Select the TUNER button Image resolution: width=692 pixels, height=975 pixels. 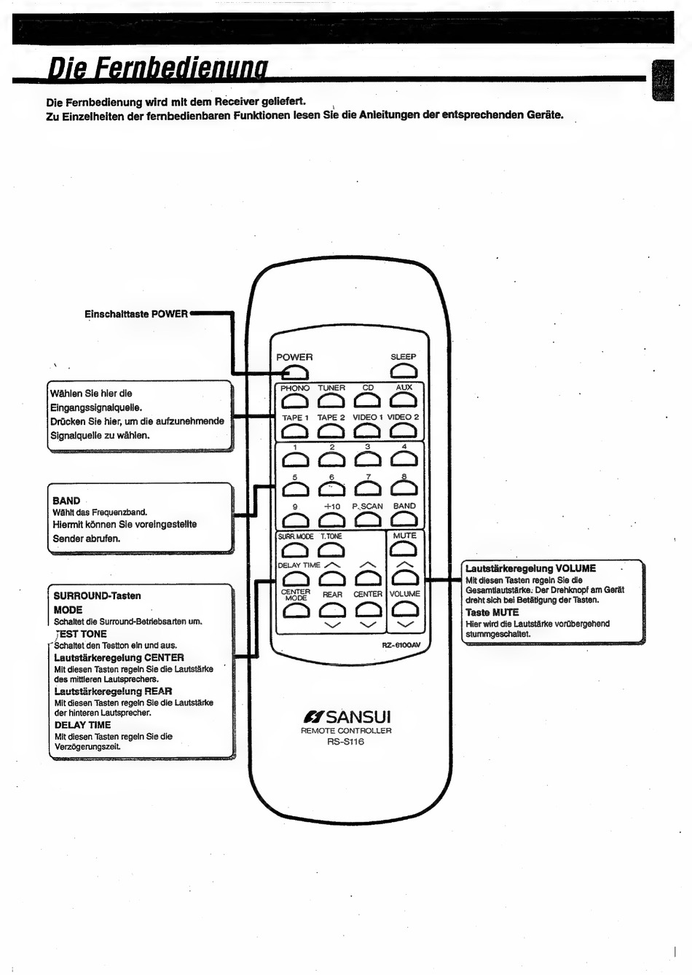[331, 401]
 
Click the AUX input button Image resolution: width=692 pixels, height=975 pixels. [404, 401]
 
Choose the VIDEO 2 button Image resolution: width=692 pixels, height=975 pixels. [404, 431]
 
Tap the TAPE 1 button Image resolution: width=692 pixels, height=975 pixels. [295, 431]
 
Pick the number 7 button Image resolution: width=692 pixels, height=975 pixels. [368, 489]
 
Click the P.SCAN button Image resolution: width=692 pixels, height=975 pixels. [368, 519]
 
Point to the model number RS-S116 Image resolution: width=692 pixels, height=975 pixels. [345, 742]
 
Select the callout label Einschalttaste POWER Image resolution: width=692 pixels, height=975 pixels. [136, 314]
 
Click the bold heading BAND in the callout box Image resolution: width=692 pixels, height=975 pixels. [66, 501]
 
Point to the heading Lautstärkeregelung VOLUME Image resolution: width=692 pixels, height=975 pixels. [530, 568]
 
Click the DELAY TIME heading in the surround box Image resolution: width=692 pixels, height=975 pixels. [82, 725]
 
